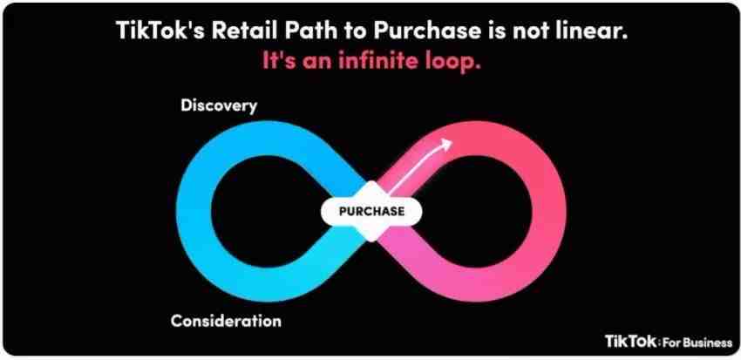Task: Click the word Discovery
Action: pos(219,105)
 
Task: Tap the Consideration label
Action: pos(226,322)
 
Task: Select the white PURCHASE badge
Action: pos(371,211)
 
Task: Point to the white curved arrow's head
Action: pos(445,144)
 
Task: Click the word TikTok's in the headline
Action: pos(160,31)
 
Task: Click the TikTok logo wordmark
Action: pos(631,341)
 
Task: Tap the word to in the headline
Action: pos(346,31)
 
